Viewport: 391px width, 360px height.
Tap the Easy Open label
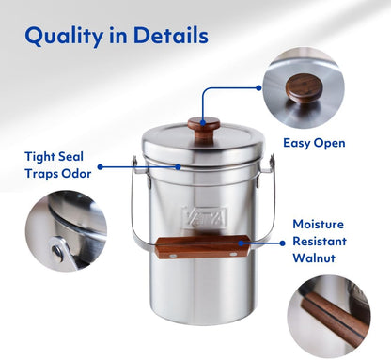pos(314,144)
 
